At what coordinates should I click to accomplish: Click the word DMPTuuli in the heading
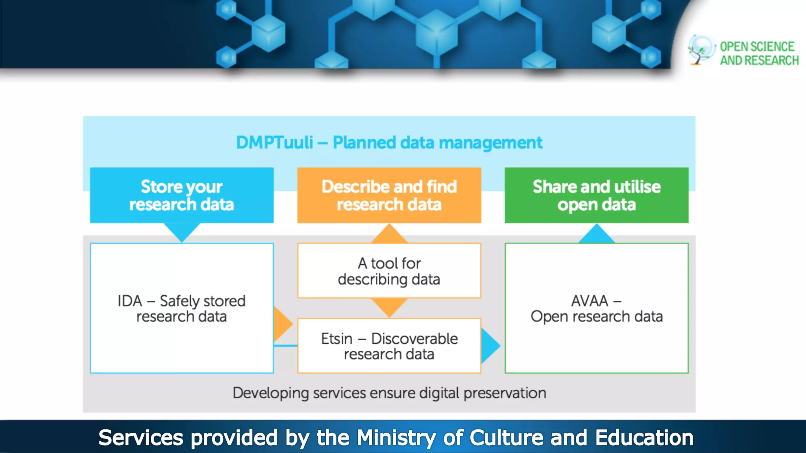coord(274,142)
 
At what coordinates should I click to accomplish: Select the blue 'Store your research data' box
coord(181,195)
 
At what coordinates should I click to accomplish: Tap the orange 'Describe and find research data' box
coord(389,195)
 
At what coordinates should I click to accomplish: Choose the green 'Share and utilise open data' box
coord(596,195)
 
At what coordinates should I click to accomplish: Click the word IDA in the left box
coord(129,301)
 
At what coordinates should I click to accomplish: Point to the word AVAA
coord(590,301)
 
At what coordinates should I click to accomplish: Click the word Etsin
coord(336,339)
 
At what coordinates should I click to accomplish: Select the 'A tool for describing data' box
coord(389,271)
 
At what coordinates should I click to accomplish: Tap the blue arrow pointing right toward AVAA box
coord(490,346)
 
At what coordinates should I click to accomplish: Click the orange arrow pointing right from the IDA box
coord(282,324)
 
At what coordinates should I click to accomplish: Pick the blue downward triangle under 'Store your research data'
coord(181,231)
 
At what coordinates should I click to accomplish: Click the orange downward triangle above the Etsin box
coord(389,306)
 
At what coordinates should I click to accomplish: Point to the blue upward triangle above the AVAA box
coord(596,235)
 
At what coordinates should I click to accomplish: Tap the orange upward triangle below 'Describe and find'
coord(389,235)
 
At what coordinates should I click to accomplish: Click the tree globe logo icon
coord(701,50)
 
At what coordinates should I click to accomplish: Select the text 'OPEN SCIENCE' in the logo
coord(757,47)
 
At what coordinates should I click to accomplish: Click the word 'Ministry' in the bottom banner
coord(396,438)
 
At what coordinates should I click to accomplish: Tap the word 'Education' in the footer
coord(644,438)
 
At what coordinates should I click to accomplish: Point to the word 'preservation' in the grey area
coord(505,393)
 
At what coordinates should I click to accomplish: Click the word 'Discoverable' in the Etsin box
coord(414,339)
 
